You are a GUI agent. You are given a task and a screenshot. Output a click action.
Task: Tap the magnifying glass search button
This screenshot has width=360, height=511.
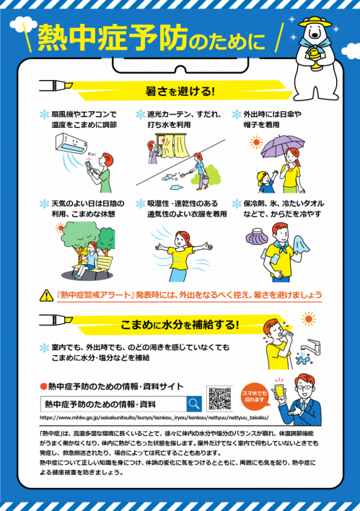[x=194, y=403]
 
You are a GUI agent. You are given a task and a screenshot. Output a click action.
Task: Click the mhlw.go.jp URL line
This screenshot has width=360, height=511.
[x=154, y=417]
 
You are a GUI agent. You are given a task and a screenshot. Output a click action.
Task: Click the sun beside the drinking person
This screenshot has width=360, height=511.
[x=309, y=318]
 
